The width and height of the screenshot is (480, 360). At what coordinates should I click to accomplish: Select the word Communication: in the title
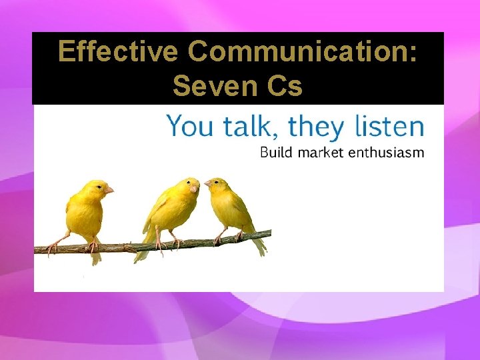pyautogui.click(x=301, y=52)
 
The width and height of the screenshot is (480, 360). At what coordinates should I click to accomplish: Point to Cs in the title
pyautogui.click(x=283, y=85)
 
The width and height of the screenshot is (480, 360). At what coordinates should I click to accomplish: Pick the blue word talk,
pyautogui.click(x=245, y=126)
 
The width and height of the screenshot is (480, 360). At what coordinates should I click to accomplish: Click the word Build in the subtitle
pyautogui.click(x=277, y=153)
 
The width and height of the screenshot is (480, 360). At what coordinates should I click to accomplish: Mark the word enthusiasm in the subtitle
pyautogui.click(x=389, y=153)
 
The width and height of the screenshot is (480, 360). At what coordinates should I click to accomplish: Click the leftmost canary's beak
pyautogui.click(x=109, y=190)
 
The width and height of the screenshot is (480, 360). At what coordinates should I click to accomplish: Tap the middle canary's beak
pyautogui.click(x=195, y=189)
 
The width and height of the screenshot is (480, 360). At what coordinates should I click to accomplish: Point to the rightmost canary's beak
pyautogui.click(x=207, y=183)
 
